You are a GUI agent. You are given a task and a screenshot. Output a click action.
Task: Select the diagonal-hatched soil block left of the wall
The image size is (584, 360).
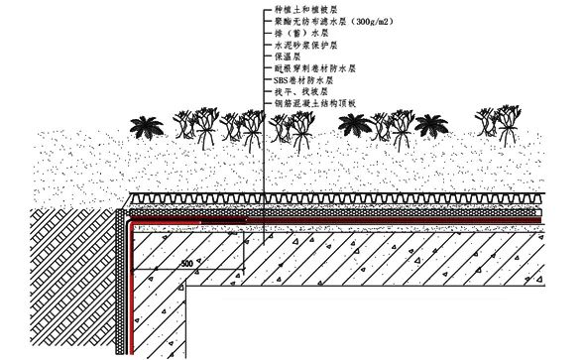(x=59, y=288)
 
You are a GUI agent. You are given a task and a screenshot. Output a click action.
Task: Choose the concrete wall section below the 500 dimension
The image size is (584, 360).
(x=178, y=317)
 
